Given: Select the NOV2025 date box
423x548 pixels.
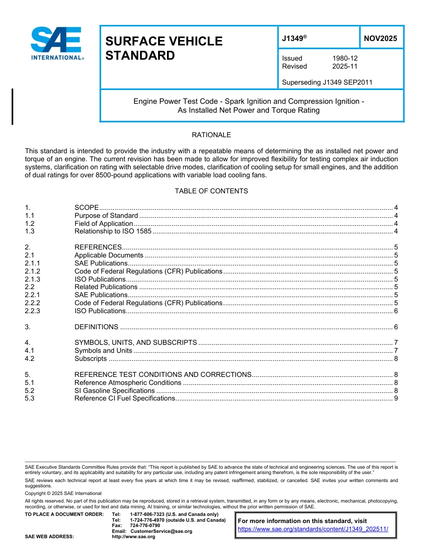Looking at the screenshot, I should (380, 39).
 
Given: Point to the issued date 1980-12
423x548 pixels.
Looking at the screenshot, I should (345, 58).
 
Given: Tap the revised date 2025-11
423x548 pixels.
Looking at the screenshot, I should (345, 66).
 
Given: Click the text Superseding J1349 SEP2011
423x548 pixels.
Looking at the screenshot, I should (327, 82).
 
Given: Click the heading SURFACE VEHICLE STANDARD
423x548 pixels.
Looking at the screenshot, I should (163, 48).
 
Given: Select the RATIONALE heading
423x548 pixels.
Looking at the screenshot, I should (211, 135).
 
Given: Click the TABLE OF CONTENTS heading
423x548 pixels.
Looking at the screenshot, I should (211, 191).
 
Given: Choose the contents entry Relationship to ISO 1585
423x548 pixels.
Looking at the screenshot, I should (113, 231).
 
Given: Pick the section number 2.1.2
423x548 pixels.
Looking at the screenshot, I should (33, 271).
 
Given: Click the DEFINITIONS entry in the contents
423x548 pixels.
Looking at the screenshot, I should (96, 327).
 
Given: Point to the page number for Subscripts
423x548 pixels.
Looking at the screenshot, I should (395, 359).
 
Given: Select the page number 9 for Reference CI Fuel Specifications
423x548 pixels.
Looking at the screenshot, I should (395, 398).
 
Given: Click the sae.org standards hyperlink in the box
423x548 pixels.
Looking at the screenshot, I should (313, 529).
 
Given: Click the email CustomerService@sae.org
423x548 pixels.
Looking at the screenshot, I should (161, 531).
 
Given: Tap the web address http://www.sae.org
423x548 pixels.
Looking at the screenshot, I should (134, 536).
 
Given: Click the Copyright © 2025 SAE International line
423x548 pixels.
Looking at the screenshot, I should (63, 494).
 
